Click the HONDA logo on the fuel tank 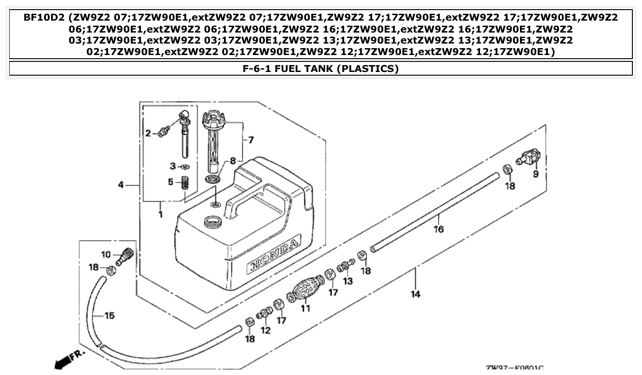[274, 257]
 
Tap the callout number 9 [536, 174]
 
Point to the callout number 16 [439, 229]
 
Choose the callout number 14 [415, 294]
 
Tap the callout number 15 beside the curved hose [109, 316]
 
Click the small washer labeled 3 [185, 167]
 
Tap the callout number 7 [251, 140]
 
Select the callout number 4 [121, 185]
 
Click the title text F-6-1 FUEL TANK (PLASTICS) [320, 69]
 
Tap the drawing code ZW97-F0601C [514, 369]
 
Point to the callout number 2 [148, 133]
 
